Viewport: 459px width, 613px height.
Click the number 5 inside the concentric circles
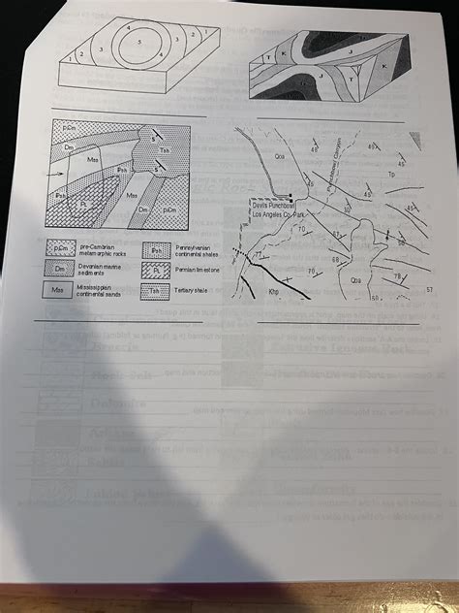pos(140,44)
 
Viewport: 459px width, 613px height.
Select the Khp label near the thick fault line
pos(274,289)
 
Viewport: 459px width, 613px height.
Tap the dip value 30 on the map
pos(347,209)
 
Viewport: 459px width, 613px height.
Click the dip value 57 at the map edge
pos(428,289)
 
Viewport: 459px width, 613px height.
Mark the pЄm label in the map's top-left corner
pos(71,128)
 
